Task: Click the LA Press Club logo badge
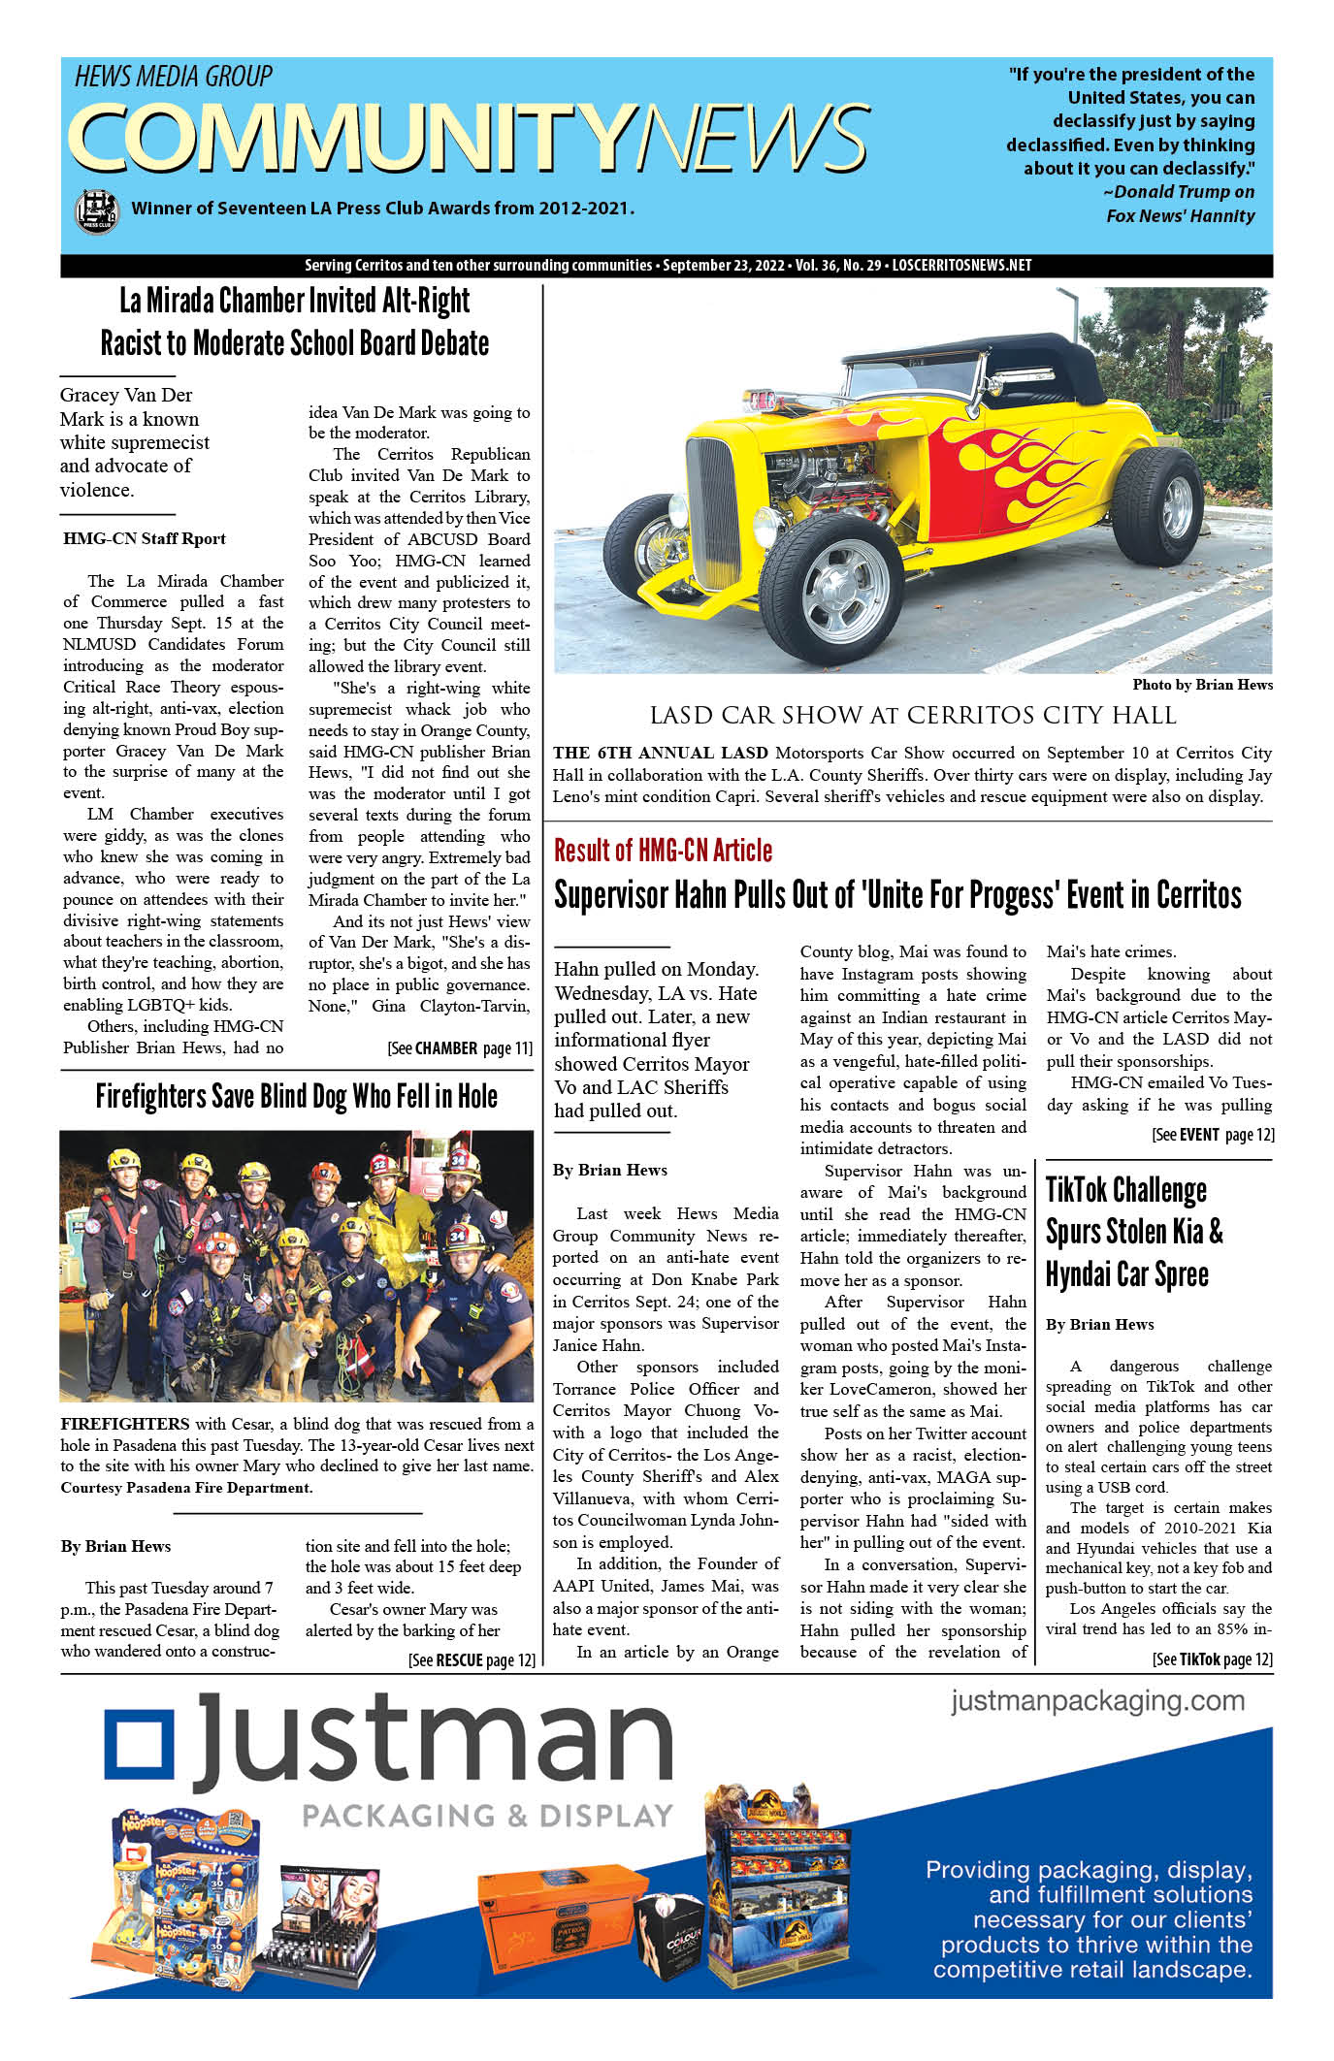(x=96, y=209)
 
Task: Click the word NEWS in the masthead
(x=752, y=138)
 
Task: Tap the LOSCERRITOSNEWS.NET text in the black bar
(x=961, y=266)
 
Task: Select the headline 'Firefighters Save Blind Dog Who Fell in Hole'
(x=296, y=1096)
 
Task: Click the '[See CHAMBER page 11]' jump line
(x=459, y=1048)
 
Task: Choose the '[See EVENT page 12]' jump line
(x=1212, y=1134)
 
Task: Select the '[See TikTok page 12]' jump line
(x=1212, y=1659)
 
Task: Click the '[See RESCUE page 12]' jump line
(x=472, y=1659)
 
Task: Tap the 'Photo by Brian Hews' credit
(x=1202, y=685)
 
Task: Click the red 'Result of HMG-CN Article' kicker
(x=664, y=851)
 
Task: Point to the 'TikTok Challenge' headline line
(x=1125, y=1190)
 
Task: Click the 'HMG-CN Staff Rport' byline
(x=145, y=538)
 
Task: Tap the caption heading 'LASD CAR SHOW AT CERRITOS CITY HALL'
(x=912, y=716)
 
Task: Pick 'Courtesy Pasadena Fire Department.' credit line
(x=186, y=1487)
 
